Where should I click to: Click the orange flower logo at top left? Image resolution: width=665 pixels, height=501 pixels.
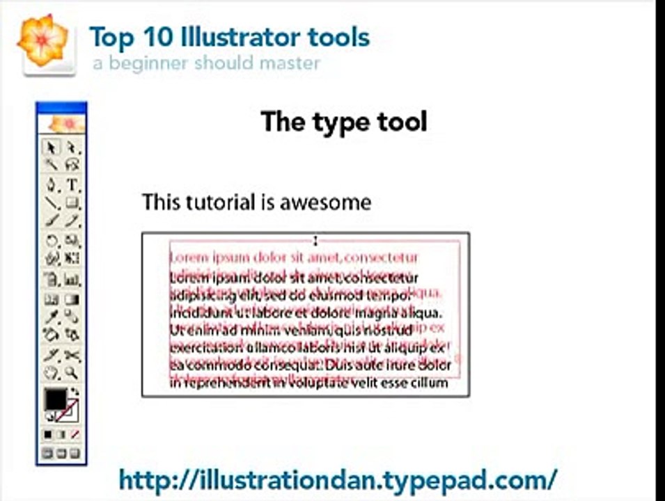(x=43, y=40)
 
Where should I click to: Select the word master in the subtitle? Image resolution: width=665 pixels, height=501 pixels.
(x=292, y=63)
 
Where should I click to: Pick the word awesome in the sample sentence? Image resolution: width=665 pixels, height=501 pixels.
(x=325, y=202)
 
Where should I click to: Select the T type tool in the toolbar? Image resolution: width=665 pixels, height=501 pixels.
(x=72, y=185)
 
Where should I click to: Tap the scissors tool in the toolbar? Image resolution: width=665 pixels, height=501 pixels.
(x=72, y=356)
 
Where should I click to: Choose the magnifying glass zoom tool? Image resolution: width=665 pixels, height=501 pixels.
(x=72, y=374)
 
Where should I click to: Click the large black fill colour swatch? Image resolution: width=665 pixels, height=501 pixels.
(x=54, y=399)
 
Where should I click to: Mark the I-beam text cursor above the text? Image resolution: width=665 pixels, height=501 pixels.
(x=315, y=241)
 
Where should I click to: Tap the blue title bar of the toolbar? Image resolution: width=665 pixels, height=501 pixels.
(x=61, y=107)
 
